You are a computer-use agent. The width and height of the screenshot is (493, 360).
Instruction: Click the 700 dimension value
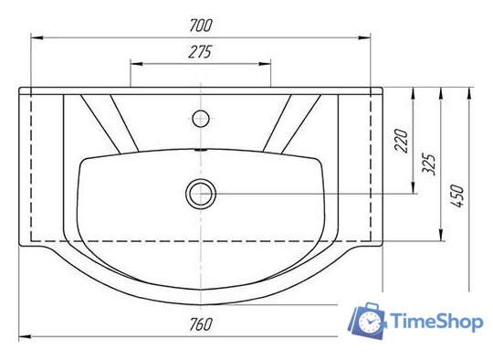point(201,26)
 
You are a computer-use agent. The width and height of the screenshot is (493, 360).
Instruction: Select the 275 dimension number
point(200,52)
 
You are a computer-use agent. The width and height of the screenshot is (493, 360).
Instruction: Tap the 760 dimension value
point(201,324)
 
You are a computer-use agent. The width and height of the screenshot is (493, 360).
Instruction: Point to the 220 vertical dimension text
point(403,141)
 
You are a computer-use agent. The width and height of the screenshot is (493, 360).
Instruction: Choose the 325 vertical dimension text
point(428,164)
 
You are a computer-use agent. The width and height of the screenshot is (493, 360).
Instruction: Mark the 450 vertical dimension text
point(456,196)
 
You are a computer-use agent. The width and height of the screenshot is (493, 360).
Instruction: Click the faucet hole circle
point(201,118)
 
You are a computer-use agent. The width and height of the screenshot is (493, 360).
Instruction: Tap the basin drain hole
point(201,194)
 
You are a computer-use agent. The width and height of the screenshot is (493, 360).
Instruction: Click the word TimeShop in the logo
point(436,322)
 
